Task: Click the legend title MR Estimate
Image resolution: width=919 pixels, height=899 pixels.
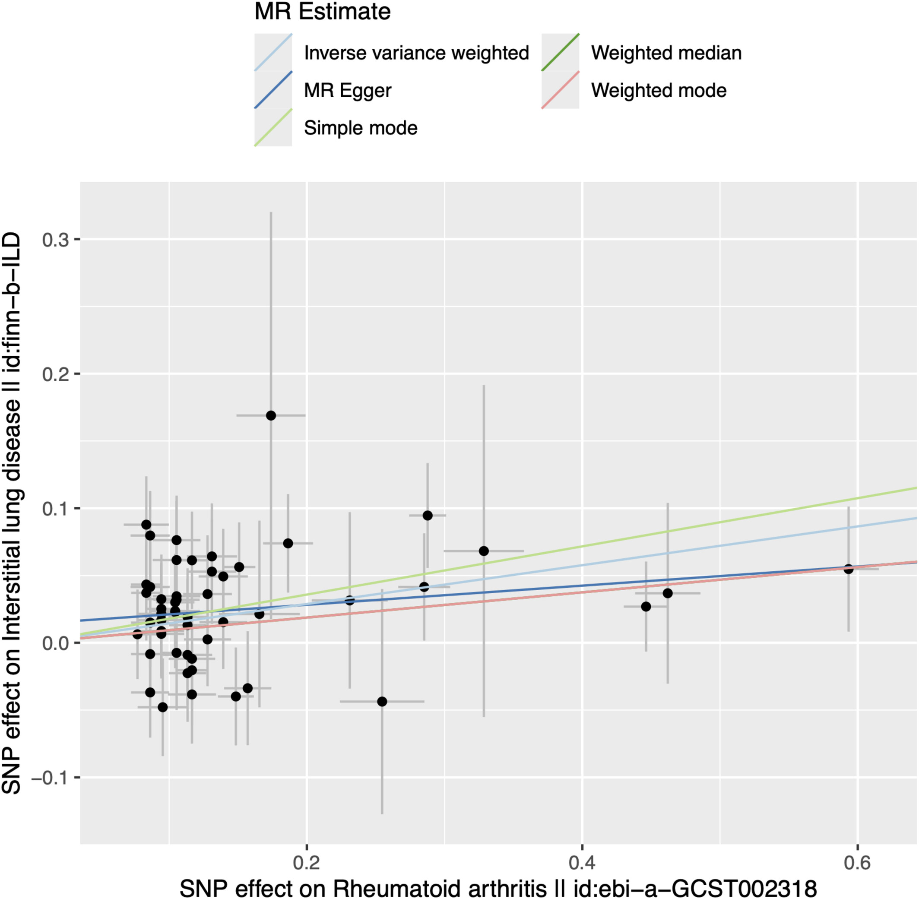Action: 323,12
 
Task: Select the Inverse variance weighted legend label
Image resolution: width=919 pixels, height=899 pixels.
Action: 416,53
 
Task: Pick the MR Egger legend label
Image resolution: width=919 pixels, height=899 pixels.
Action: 348,90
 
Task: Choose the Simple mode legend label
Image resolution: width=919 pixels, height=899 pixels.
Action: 361,128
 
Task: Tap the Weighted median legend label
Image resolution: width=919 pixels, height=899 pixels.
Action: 666,53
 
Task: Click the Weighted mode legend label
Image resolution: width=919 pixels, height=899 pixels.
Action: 658,90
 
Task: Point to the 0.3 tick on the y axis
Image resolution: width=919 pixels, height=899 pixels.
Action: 55,240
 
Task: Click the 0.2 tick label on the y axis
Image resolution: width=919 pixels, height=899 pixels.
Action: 55,374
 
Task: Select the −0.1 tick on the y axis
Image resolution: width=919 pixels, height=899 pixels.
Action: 50,778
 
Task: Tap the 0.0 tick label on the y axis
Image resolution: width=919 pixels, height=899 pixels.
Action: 55,643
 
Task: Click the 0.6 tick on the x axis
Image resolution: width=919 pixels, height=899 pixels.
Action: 857,863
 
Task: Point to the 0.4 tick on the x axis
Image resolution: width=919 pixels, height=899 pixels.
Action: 582,863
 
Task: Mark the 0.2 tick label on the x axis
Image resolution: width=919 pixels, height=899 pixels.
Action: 307,863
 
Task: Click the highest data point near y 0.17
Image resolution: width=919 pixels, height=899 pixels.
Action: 271,415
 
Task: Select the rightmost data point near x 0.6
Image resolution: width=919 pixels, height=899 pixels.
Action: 848,569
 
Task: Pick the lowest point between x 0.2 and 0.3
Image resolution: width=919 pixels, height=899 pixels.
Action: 382,702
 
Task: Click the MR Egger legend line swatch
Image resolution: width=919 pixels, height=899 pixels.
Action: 273,90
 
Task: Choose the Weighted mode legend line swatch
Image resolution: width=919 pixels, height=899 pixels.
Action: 560,90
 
